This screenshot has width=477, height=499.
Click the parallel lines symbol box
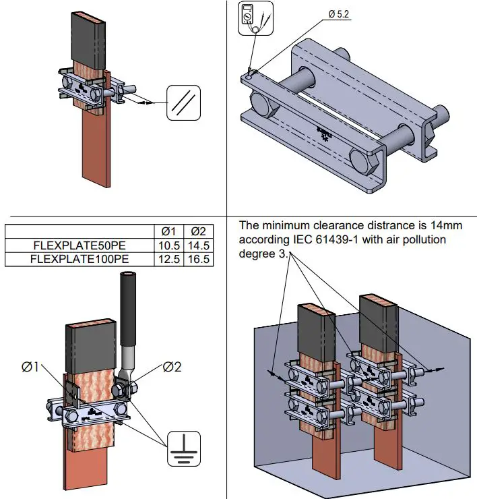(x=183, y=103)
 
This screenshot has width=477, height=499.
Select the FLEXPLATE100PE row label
(x=81, y=258)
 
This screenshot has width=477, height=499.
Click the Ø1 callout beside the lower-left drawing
(x=30, y=367)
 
